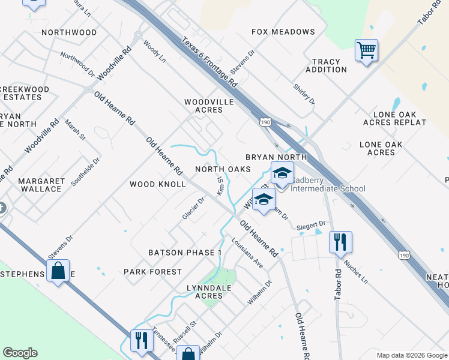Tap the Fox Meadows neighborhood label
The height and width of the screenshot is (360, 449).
click(x=283, y=32)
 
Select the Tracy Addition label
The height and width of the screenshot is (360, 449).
click(x=326, y=65)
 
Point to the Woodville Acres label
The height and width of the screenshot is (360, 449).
click(x=208, y=106)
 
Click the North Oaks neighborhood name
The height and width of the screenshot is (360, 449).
click(x=223, y=169)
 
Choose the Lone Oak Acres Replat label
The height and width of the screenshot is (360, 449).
click(x=394, y=118)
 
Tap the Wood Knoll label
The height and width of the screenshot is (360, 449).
click(x=158, y=184)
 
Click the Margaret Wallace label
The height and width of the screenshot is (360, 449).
click(x=41, y=185)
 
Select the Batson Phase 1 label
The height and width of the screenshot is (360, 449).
click(x=185, y=253)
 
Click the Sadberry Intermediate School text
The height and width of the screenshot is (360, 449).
click(x=328, y=188)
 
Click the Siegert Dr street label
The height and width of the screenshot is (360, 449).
click(x=311, y=225)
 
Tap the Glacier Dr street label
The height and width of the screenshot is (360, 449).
click(x=193, y=208)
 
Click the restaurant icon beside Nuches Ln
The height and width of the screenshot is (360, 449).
click(x=340, y=242)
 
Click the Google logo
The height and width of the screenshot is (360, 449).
click(x=20, y=353)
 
